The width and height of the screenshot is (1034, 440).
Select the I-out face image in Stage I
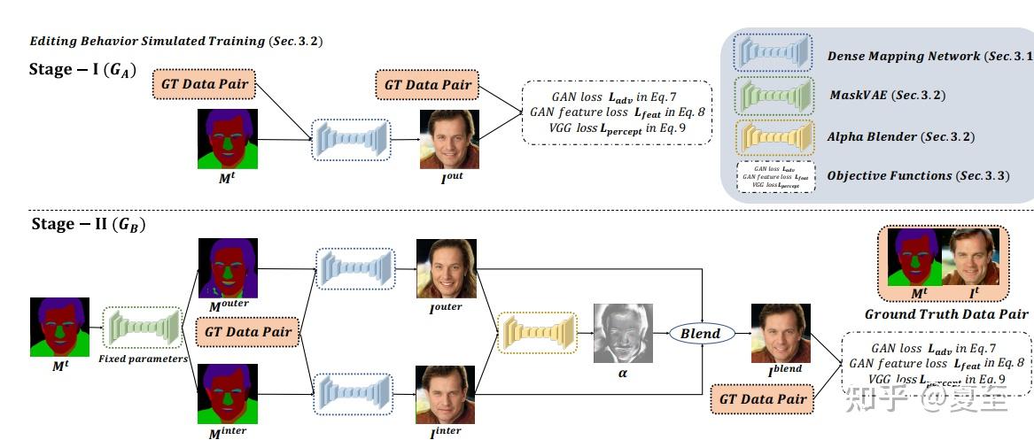pyautogui.click(x=449, y=139)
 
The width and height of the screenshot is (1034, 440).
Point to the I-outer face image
pyautogui.click(x=447, y=268)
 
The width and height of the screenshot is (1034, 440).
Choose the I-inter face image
pyautogui.click(x=447, y=393)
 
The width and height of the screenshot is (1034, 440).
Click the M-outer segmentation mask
pyautogui.click(x=228, y=267)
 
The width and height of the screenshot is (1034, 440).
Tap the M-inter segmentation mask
pyautogui.click(x=228, y=393)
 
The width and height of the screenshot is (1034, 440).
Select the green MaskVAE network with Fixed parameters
pyautogui.click(x=142, y=328)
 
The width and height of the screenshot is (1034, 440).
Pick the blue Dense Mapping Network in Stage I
pyautogui.click(x=350, y=140)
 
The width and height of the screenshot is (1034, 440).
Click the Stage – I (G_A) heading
pyautogui.click(x=83, y=71)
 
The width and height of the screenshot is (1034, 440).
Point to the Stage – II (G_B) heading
pyautogui.click(x=88, y=224)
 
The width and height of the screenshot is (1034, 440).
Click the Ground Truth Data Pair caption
pyautogui.click(x=945, y=314)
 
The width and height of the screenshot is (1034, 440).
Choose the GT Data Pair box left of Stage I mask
pyautogui.click(x=205, y=85)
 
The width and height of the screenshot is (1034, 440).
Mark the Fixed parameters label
pyautogui.click(x=142, y=359)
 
